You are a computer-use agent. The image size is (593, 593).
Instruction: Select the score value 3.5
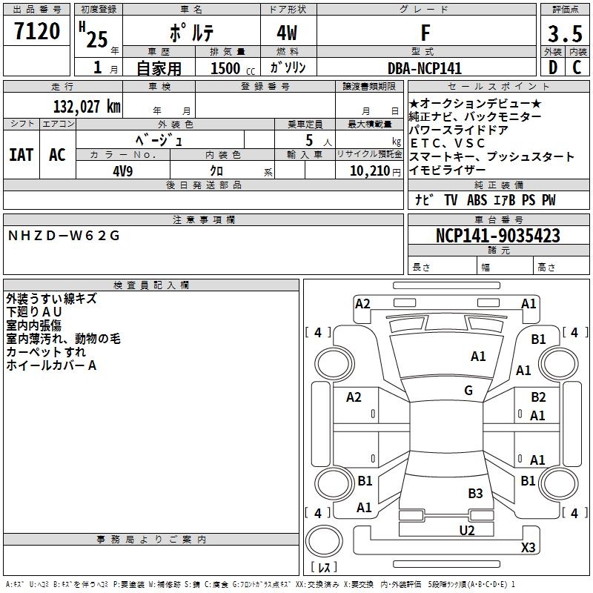[564, 34]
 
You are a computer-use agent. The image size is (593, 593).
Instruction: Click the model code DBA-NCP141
[425, 68]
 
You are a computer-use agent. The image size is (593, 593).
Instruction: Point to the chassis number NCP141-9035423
[497, 236]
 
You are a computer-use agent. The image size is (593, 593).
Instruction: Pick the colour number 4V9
[122, 170]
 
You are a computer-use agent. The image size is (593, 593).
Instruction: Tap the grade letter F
[425, 33]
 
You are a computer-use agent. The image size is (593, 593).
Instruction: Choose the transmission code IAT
[21, 155]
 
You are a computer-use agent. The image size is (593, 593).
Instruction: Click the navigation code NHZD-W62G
[63, 236]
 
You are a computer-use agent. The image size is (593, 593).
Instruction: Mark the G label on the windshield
[468, 390]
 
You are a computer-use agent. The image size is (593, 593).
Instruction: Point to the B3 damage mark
[475, 493]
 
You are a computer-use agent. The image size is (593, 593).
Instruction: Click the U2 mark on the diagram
[466, 529]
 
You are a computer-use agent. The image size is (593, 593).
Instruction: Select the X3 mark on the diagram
[528, 547]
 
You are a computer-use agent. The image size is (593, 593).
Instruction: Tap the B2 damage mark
[538, 397]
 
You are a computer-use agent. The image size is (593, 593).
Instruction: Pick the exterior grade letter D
[551, 67]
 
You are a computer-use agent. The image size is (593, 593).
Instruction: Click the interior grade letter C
[577, 67]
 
